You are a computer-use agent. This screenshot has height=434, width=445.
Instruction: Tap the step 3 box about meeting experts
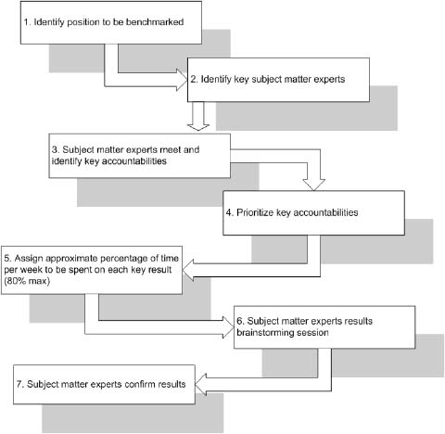coord(141,154)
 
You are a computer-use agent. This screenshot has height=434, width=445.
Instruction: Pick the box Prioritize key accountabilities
coord(313,212)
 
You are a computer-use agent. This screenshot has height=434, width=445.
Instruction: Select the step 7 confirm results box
coord(102,382)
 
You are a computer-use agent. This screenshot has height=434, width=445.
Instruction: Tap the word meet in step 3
coord(170,147)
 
